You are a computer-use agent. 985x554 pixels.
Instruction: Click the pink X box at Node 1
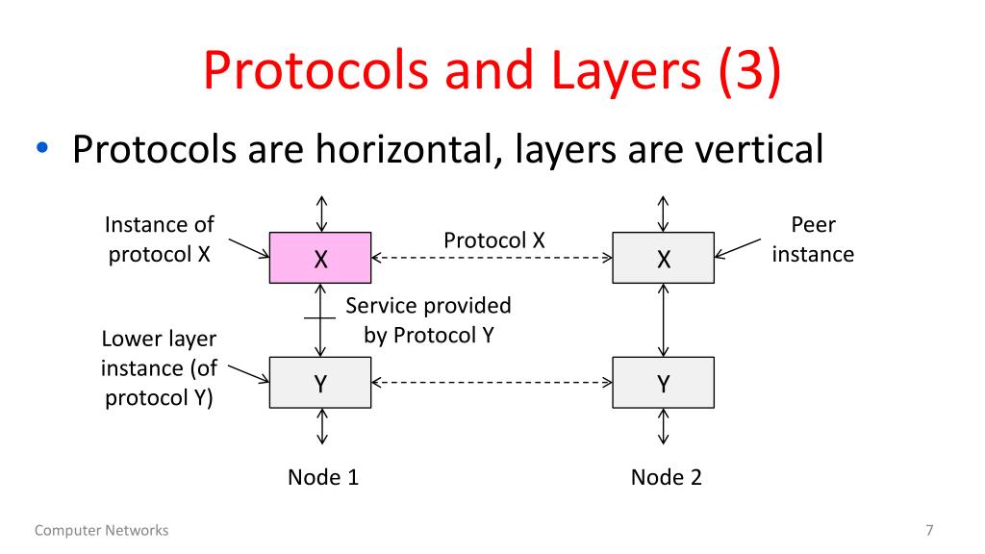coord(320,258)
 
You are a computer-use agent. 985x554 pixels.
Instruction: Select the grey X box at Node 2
coord(663,258)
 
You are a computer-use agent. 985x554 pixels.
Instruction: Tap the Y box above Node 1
coord(320,383)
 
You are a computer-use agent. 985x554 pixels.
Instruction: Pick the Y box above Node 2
coord(663,383)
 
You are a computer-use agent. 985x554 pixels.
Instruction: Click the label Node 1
coord(323,477)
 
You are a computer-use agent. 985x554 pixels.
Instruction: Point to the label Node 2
coord(666,477)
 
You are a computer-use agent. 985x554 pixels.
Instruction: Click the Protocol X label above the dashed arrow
coord(493,240)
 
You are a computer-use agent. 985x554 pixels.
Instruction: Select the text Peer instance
coord(813,239)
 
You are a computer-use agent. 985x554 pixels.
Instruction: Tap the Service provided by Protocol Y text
coord(428,320)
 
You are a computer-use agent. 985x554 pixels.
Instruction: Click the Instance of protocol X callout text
coord(159,239)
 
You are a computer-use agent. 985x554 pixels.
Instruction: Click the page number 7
coord(929,530)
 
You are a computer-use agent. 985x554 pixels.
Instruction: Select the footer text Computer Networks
coord(101,530)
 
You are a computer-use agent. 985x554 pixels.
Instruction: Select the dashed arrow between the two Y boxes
coord(492,383)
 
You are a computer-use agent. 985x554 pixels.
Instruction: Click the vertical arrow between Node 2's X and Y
coord(663,320)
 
